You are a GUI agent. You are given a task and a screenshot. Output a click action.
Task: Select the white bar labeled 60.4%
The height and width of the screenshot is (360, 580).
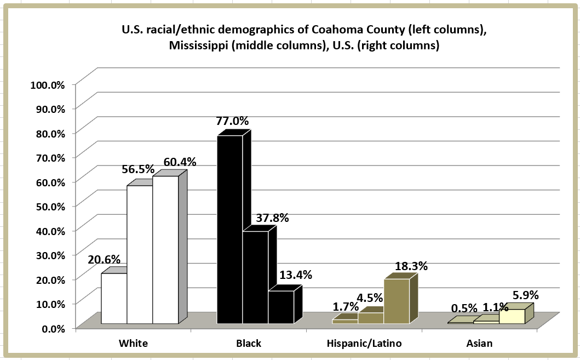click(165, 249)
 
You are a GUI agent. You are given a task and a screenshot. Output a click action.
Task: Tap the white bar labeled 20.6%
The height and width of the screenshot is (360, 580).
click(114, 298)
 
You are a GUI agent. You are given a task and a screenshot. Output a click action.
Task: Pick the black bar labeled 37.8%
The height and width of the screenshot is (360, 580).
click(255, 277)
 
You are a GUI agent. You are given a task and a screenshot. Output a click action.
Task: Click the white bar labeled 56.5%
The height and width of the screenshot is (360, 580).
click(140, 255)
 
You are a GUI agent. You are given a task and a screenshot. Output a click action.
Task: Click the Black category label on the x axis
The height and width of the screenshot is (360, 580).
click(249, 344)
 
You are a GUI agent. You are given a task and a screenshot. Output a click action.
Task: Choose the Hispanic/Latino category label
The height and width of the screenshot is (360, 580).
click(364, 344)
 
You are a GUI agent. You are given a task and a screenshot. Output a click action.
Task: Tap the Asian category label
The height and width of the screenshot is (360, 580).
click(480, 344)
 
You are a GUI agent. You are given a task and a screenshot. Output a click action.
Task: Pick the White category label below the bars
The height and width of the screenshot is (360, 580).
click(134, 344)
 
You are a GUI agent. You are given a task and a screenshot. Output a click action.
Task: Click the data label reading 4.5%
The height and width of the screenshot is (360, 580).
click(370, 299)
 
